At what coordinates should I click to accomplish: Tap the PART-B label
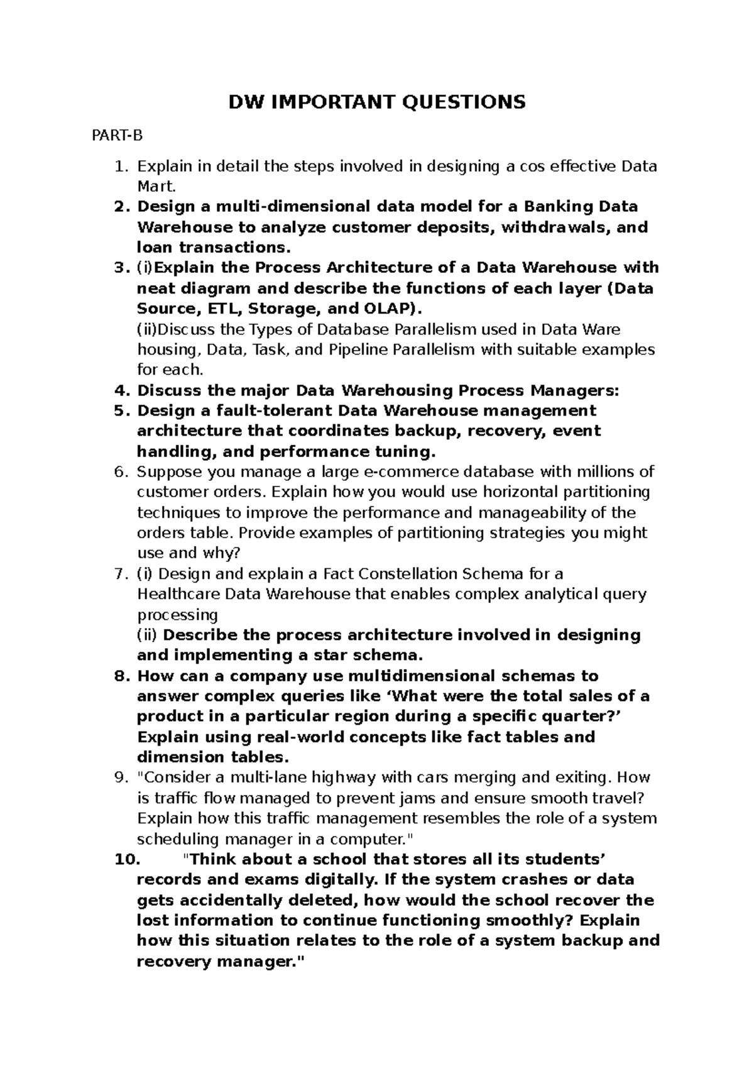pyautogui.click(x=117, y=135)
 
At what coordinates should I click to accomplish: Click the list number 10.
pyautogui.click(x=127, y=859)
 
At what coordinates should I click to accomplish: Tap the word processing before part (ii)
pyautogui.click(x=177, y=615)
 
